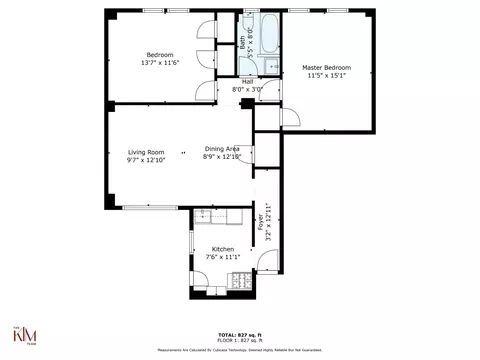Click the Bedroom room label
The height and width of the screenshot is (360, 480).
point(160,54)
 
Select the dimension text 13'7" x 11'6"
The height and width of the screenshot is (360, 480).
point(160,63)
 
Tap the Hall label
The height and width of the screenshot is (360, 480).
point(247,81)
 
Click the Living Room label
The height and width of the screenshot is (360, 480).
point(146,151)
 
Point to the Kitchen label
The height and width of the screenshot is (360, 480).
point(222,248)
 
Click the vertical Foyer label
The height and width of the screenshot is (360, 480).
point(262,222)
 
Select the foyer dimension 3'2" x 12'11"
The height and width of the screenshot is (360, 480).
point(269,222)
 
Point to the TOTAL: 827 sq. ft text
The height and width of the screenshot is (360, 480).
point(240,335)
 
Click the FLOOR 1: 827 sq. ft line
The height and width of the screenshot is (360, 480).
point(240,341)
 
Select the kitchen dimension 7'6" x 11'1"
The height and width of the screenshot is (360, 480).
point(222,257)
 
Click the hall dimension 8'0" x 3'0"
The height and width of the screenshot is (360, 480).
point(247,89)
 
